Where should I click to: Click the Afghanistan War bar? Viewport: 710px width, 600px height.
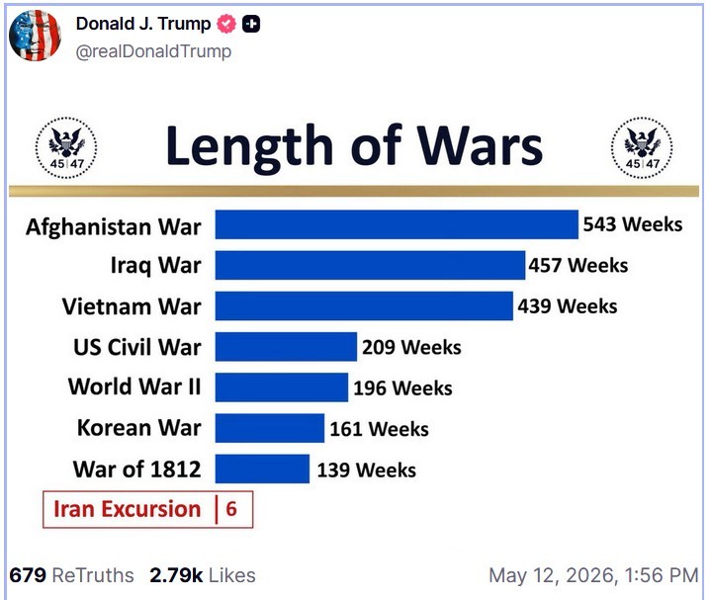click(x=397, y=224)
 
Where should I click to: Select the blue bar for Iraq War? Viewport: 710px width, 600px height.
click(x=370, y=265)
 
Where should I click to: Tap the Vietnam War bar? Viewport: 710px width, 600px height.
click(x=364, y=305)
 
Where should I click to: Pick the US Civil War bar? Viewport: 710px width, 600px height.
click(x=286, y=347)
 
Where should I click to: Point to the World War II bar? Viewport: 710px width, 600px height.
click(x=282, y=387)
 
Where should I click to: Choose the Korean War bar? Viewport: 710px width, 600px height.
click(x=270, y=428)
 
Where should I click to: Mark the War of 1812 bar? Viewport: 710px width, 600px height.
click(x=263, y=469)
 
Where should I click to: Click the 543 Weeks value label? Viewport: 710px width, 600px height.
click(x=633, y=224)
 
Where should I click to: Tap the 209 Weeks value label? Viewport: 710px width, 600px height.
click(x=411, y=347)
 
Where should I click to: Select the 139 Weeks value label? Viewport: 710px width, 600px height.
click(x=366, y=471)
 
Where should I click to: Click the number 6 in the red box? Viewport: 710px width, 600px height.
click(x=231, y=509)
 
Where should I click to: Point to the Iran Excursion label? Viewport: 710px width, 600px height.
click(x=128, y=509)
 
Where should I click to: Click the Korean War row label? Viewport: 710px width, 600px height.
click(x=139, y=428)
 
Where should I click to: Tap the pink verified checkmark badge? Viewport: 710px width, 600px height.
click(x=226, y=24)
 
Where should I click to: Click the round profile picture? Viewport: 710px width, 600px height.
click(x=36, y=36)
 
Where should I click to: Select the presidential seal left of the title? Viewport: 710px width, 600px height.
click(x=66, y=147)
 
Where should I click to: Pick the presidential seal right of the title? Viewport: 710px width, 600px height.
click(x=642, y=147)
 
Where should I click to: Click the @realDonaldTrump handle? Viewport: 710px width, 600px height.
click(x=153, y=51)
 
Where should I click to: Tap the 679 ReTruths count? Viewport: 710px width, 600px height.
click(x=71, y=575)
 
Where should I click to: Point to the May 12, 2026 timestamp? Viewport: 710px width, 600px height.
click(x=594, y=575)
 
